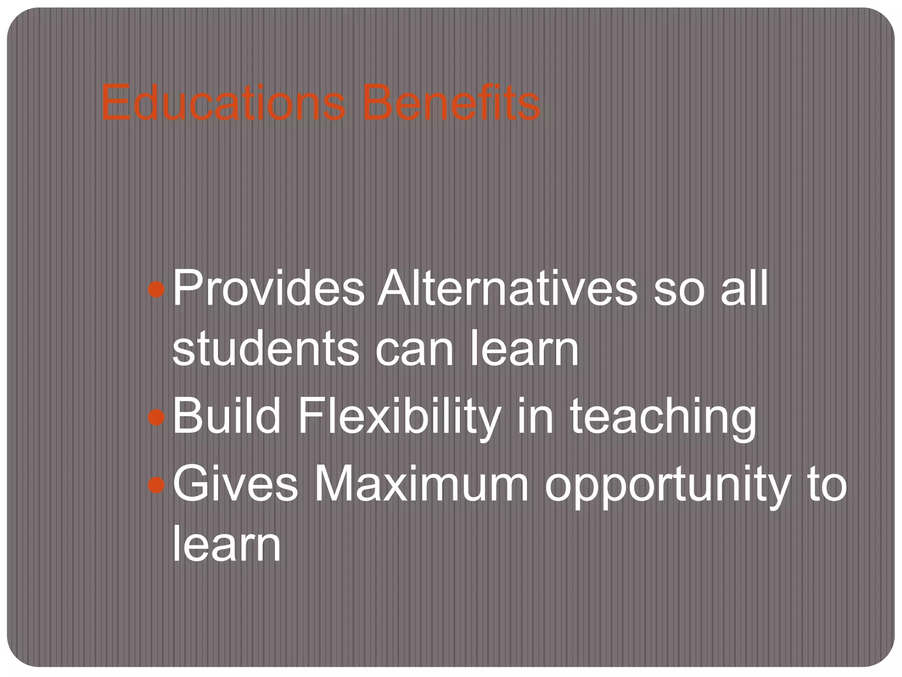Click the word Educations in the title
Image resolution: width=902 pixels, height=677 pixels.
223,104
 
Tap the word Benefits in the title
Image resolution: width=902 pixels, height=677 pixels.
451,104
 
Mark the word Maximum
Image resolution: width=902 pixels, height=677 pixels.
421,485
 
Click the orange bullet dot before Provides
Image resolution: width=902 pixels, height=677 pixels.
156,290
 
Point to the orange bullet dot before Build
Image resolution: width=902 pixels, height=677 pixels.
156,417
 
